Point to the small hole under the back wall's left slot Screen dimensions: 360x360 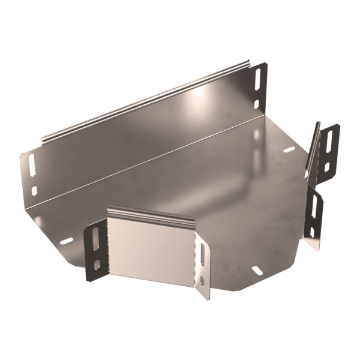click(34, 190)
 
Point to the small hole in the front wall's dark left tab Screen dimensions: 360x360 click(97, 262)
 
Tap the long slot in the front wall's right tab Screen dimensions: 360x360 click(202, 254)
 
